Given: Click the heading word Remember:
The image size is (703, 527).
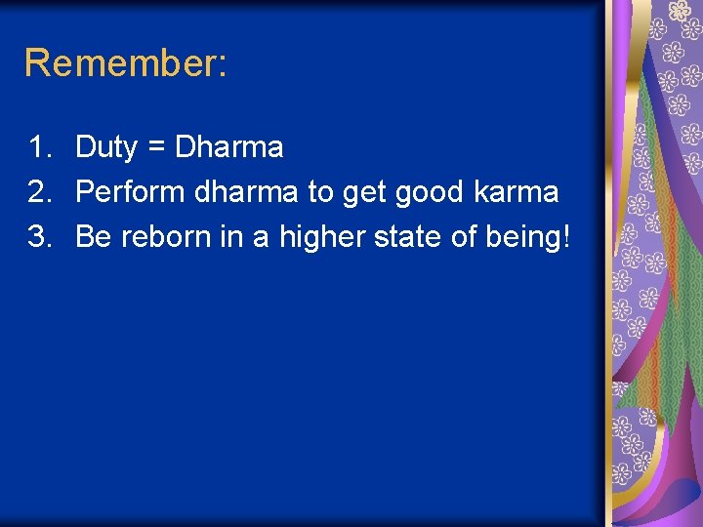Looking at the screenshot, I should point(126,63).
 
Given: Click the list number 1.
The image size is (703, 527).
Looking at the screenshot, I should point(39,147).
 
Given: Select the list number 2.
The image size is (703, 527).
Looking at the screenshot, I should point(39,192).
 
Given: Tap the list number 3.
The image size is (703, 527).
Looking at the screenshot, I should point(39,237).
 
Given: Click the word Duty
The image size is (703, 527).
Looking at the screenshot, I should point(106,148).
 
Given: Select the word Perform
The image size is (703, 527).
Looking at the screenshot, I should point(131,192).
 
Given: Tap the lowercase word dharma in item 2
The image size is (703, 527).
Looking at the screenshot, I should point(248,192).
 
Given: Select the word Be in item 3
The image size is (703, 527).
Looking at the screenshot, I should point(94,237).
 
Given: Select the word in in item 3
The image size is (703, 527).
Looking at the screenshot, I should point(234,237).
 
